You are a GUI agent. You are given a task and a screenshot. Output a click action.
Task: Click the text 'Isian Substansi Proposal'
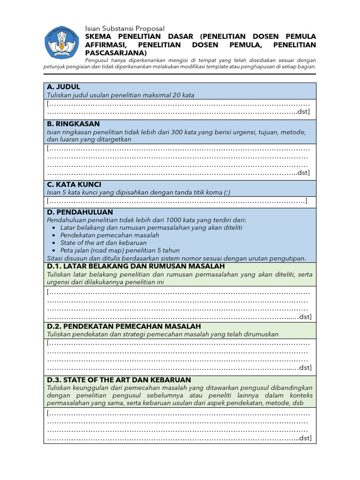125,29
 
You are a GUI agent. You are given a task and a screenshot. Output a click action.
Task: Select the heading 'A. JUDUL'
63,87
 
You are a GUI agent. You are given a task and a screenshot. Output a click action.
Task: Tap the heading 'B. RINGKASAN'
73,124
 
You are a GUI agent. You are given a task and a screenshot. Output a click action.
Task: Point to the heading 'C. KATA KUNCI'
74,184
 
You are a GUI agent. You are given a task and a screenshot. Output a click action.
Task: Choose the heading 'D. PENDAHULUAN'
77,212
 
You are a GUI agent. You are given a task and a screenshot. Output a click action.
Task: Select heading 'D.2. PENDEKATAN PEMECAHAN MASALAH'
124,326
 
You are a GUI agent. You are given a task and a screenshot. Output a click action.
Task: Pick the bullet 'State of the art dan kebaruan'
103,243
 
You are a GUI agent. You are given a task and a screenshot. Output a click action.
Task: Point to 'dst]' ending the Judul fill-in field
304,112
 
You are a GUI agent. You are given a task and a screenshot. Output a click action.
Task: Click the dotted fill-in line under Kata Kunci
177,202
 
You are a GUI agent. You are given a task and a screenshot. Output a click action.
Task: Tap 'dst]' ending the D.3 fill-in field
305,438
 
